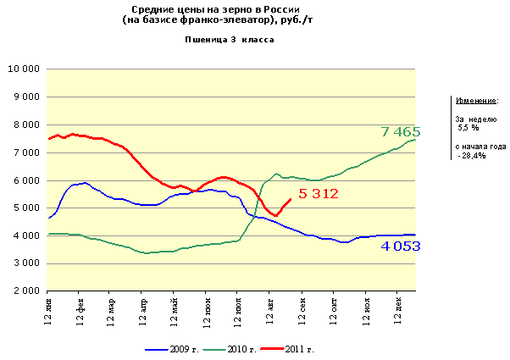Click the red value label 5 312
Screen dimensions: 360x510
point(319,194)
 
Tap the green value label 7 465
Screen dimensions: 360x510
point(401,131)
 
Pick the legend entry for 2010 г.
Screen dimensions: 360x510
point(241,348)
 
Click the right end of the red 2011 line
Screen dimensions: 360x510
point(291,200)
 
